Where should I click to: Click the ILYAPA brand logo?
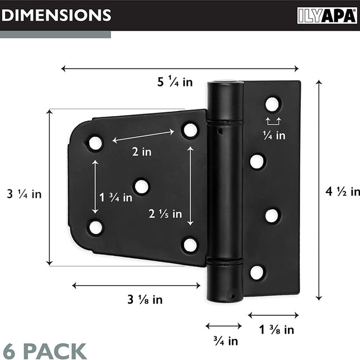click(327, 16)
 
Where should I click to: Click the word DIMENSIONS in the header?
click(56, 16)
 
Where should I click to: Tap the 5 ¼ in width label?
click(175, 81)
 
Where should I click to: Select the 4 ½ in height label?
click(343, 191)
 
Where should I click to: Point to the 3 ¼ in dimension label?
click(24, 194)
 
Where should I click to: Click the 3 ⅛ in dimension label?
click(145, 299)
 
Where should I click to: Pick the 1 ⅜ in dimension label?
click(276, 330)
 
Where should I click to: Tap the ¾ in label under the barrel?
click(225, 341)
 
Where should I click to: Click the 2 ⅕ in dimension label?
click(165, 214)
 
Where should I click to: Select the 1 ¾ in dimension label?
click(116, 197)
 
